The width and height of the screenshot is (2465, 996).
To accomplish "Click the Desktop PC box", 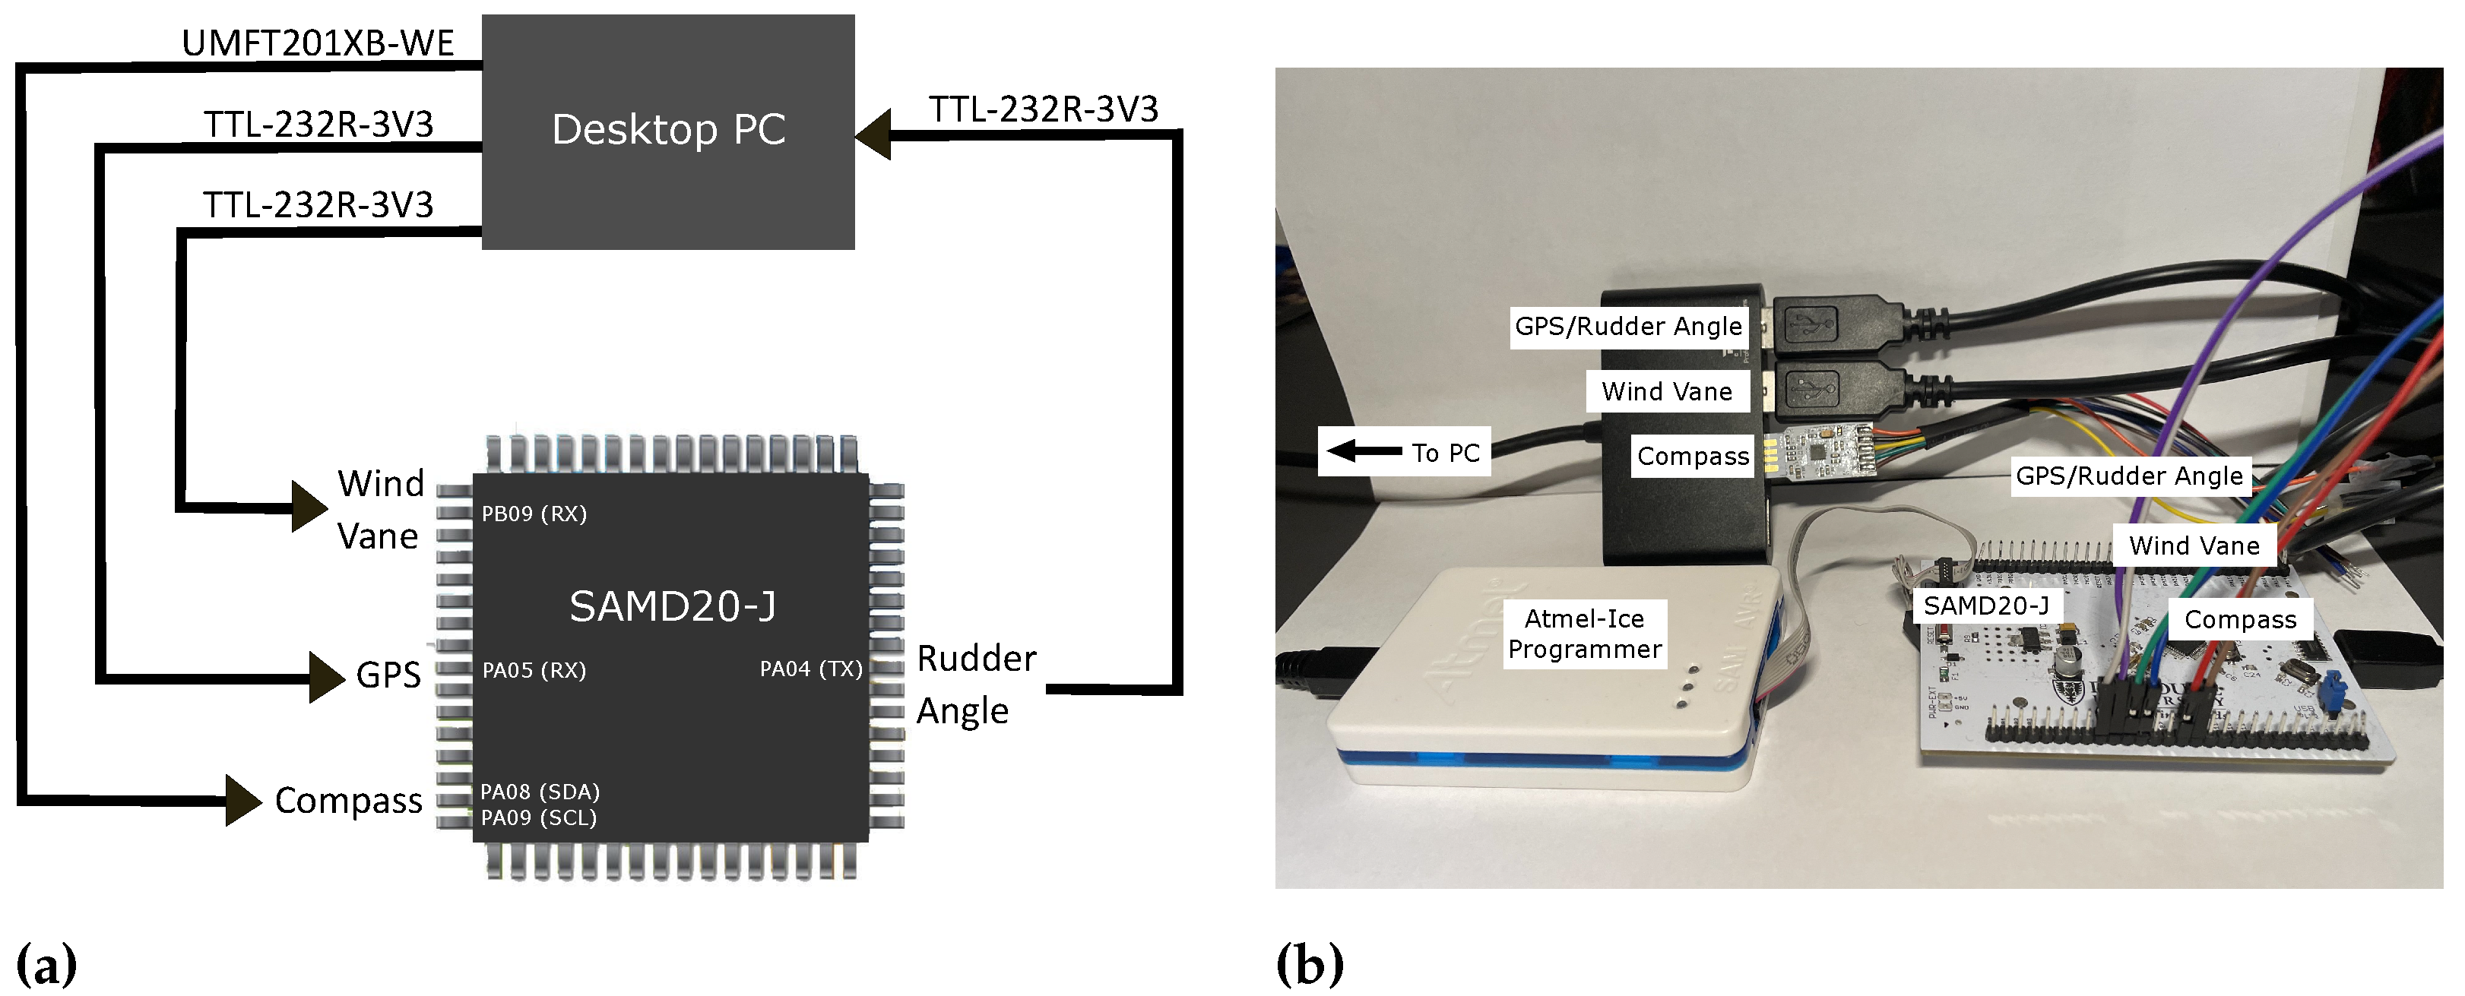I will pos(668,131).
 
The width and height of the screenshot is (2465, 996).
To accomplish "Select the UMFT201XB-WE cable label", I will pos(318,44).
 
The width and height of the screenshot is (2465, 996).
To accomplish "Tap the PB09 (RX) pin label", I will pos(534,514).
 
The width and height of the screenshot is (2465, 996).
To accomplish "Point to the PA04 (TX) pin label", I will pos(810,669).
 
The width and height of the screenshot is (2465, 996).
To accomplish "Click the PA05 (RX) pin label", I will pos(534,670).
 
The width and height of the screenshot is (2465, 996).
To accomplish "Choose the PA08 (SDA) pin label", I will pos(540,791).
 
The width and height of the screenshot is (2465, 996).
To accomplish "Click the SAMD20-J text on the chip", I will pos(672,606).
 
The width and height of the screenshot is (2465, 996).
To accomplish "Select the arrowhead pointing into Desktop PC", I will pos(873,134).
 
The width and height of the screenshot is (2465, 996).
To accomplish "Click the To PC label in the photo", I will pos(1404,451).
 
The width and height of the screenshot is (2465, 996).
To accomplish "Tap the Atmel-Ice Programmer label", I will pos(1584,634).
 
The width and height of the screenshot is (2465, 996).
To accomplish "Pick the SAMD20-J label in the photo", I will pos(1985,606).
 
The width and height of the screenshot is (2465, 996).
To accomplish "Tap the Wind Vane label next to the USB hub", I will pos(1666,391).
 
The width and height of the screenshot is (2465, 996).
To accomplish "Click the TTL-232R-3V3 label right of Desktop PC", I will pos(1043,109).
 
